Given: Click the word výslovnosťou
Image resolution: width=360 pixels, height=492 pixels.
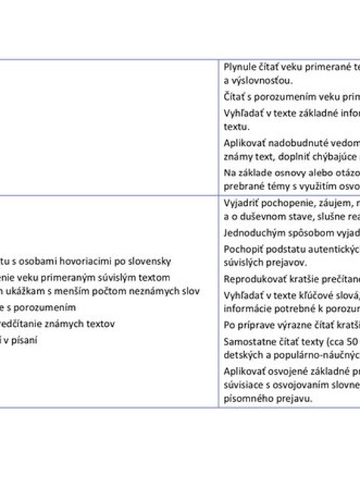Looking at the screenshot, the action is pos(256,80).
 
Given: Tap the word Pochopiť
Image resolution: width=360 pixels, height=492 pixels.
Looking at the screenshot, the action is pos(241,249).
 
